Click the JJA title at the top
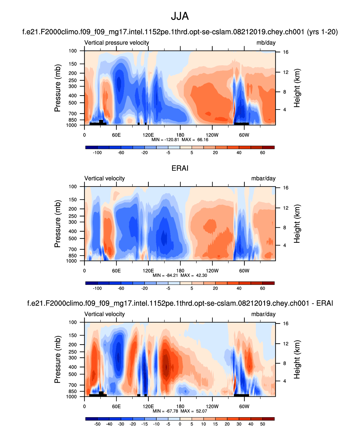[180, 16]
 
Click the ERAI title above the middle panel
[180, 168]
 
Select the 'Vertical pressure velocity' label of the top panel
[117, 43]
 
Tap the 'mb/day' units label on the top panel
[266, 43]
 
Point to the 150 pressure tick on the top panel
[73, 64]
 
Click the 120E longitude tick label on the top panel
[148, 135]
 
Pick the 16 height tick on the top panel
[285, 52]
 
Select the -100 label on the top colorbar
[97, 153]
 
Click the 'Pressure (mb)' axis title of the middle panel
[57, 224]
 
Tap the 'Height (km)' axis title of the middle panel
[297, 224]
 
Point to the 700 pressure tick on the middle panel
[73, 249]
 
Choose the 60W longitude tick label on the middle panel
[244, 271]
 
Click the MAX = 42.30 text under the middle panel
[194, 275]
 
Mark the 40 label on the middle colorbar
[239, 288]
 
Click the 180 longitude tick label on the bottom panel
[180, 407]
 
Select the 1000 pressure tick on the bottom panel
[71, 396]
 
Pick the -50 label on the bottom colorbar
[97, 424]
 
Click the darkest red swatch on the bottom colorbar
[268, 419]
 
